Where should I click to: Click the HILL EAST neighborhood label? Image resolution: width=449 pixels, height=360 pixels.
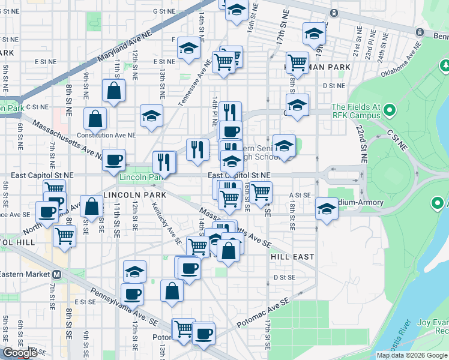coord(292,256)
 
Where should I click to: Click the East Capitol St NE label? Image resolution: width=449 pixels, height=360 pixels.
coord(239,175)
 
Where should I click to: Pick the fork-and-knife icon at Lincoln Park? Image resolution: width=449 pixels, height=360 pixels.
coord(163,161)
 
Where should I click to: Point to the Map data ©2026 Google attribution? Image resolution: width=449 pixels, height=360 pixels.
coord(411,355)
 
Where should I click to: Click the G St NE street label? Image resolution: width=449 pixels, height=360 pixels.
coord(163,11)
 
